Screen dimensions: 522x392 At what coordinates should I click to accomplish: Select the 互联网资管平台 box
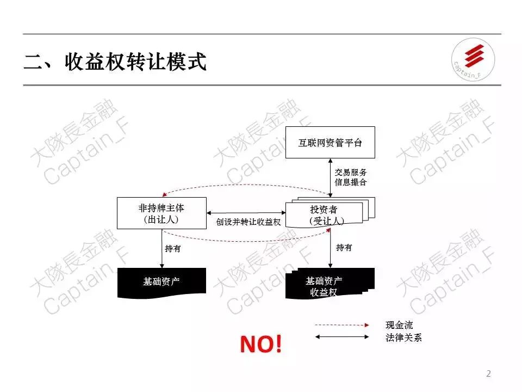point(330,143)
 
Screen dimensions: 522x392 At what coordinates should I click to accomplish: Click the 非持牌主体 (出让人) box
point(162,213)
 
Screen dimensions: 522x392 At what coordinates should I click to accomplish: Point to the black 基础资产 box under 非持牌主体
point(161,282)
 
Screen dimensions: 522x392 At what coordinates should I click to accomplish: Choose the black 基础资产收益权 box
point(324,286)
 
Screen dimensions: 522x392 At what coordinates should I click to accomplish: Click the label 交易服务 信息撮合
point(351,177)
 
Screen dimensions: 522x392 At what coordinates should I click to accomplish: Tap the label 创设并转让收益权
point(247,222)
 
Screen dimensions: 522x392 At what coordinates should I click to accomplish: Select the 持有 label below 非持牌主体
point(173,248)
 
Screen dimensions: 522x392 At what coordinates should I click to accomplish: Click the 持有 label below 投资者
point(344,248)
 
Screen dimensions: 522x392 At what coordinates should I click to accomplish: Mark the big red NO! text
point(261,344)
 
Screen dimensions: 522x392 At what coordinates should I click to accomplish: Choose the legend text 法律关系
point(403,338)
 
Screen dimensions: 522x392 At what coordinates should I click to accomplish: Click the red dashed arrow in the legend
point(342,325)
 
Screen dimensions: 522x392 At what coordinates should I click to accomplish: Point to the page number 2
point(488,373)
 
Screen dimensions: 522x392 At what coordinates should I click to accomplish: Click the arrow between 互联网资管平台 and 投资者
point(331,177)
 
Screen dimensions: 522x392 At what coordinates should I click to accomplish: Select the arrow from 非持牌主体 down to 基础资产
point(162,248)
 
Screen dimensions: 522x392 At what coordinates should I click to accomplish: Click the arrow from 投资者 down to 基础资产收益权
point(331,248)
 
